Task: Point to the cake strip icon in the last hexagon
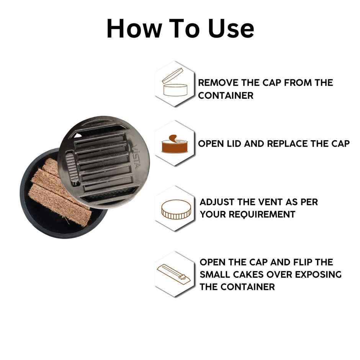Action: click(175, 273)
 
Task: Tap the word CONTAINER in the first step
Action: click(226, 96)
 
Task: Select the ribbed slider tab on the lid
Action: click(71, 167)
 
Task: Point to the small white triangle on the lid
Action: click(78, 136)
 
